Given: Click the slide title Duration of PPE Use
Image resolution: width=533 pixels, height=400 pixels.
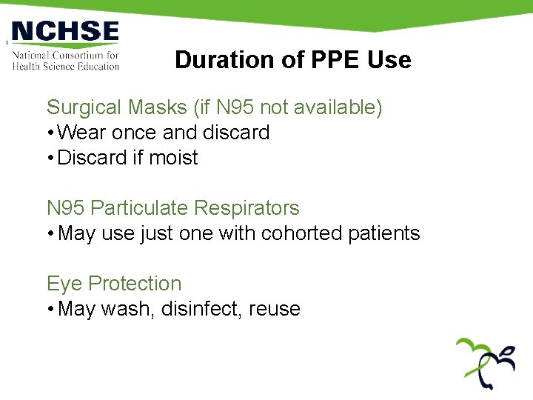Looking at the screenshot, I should click(292, 60).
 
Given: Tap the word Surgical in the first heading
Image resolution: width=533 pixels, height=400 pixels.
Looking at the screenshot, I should click(85, 108).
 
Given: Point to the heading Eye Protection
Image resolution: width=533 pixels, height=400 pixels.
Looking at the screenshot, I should click(114, 284).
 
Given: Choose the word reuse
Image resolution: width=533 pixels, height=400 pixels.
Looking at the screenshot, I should click(275, 309).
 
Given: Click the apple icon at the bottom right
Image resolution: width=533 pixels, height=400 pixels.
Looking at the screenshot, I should click(485, 363).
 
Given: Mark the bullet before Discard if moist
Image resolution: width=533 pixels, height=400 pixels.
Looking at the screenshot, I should click(50, 158).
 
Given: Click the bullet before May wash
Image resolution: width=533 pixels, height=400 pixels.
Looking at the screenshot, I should click(50, 309).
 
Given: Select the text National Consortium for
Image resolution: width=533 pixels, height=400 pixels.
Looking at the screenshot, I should click(65, 55).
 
